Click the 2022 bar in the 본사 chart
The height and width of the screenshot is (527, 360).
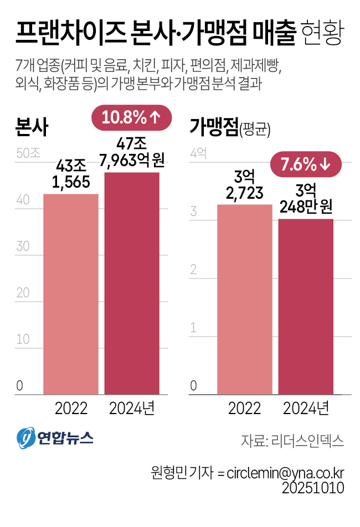[71, 293]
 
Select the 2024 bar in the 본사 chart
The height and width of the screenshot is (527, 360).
[132, 282]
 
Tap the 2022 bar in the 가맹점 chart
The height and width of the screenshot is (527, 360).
[245, 299]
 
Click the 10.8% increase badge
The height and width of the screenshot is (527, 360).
[131, 117]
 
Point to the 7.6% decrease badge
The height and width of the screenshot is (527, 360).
[306, 164]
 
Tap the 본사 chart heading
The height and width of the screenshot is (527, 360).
[32, 128]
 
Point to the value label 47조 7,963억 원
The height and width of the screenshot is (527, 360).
[132, 152]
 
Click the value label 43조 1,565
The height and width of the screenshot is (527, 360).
[71, 173]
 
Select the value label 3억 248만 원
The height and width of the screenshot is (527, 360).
[306, 199]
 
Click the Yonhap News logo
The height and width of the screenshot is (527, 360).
[54, 438]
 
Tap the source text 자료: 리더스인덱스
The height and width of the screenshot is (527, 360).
[292, 441]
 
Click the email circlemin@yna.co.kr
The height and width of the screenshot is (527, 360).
[286, 473]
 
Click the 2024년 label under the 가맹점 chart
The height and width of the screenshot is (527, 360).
[306, 409]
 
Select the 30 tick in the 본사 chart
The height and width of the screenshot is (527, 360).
[23, 246]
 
